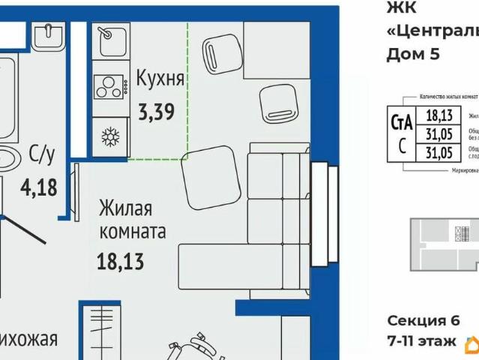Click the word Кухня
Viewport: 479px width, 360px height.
point(160,79)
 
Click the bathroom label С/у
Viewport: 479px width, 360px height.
point(42,155)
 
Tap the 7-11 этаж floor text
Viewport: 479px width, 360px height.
point(421,341)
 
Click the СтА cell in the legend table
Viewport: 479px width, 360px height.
point(403,121)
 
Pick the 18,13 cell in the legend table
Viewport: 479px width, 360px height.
point(439,115)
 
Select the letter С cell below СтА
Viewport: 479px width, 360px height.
point(403,147)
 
